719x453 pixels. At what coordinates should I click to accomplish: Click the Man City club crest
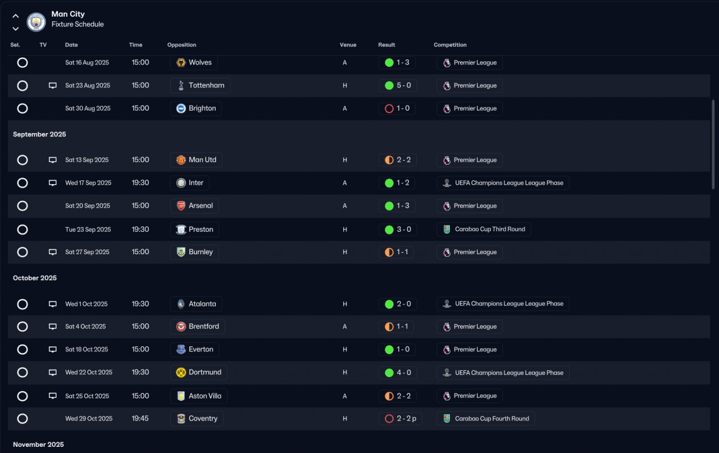pos(37,22)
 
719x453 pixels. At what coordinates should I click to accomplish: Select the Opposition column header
pos(181,45)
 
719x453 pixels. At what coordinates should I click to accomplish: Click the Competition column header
pos(450,45)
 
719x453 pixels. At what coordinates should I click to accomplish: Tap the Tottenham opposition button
pos(201,85)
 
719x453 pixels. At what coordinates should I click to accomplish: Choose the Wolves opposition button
pos(194,62)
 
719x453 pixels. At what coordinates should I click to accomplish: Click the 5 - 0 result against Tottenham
pos(397,85)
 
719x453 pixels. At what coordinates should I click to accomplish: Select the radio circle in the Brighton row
pos(22,108)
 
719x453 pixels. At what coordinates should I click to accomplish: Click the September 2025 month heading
pos(39,134)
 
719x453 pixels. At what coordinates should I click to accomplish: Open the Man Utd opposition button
pos(196,160)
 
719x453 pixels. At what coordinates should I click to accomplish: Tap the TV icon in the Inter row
pos(53,183)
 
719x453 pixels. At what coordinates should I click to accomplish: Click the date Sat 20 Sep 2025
pos(88,206)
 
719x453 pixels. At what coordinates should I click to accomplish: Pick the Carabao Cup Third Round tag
pos(484,229)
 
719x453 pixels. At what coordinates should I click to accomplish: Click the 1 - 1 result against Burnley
pos(397,252)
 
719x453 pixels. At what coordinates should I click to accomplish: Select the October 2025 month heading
pos(35,278)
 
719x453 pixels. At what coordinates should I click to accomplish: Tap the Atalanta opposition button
pos(196,304)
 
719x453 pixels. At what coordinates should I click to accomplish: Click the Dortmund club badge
pos(181,372)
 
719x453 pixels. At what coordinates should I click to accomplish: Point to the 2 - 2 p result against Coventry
pos(401,418)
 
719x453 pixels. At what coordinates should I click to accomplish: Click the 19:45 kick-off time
pos(140,418)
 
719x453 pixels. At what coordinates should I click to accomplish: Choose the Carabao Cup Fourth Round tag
pos(485,418)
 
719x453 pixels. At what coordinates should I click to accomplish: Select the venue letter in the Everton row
pos(345,349)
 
